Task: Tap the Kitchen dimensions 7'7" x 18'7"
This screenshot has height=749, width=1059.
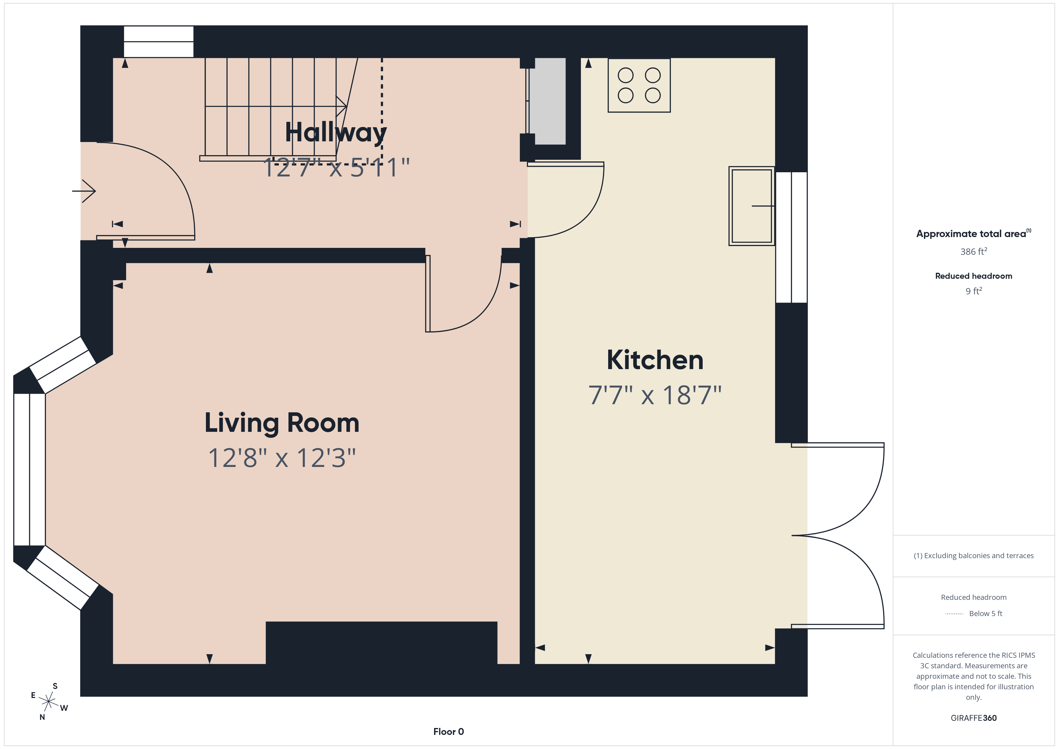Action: point(654,396)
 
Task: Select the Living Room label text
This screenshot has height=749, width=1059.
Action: point(282,423)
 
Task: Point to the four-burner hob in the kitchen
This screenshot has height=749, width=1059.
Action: point(639,85)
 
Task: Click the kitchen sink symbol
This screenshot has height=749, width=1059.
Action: point(751,206)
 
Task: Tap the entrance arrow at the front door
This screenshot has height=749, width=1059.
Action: point(84,191)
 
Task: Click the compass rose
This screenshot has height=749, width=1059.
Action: point(48,702)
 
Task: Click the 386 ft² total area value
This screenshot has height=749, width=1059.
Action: point(973,252)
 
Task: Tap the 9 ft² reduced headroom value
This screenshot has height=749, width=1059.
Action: point(973,291)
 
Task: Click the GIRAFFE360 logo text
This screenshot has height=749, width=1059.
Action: point(973,718)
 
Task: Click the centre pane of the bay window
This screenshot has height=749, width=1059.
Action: point(29,469)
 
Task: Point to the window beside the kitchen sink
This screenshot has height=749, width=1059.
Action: point(791,237)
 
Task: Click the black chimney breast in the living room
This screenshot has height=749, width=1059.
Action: point(382,642)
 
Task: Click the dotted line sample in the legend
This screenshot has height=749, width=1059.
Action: point(954,614)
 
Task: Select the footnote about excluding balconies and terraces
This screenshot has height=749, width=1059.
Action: point(973,556)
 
